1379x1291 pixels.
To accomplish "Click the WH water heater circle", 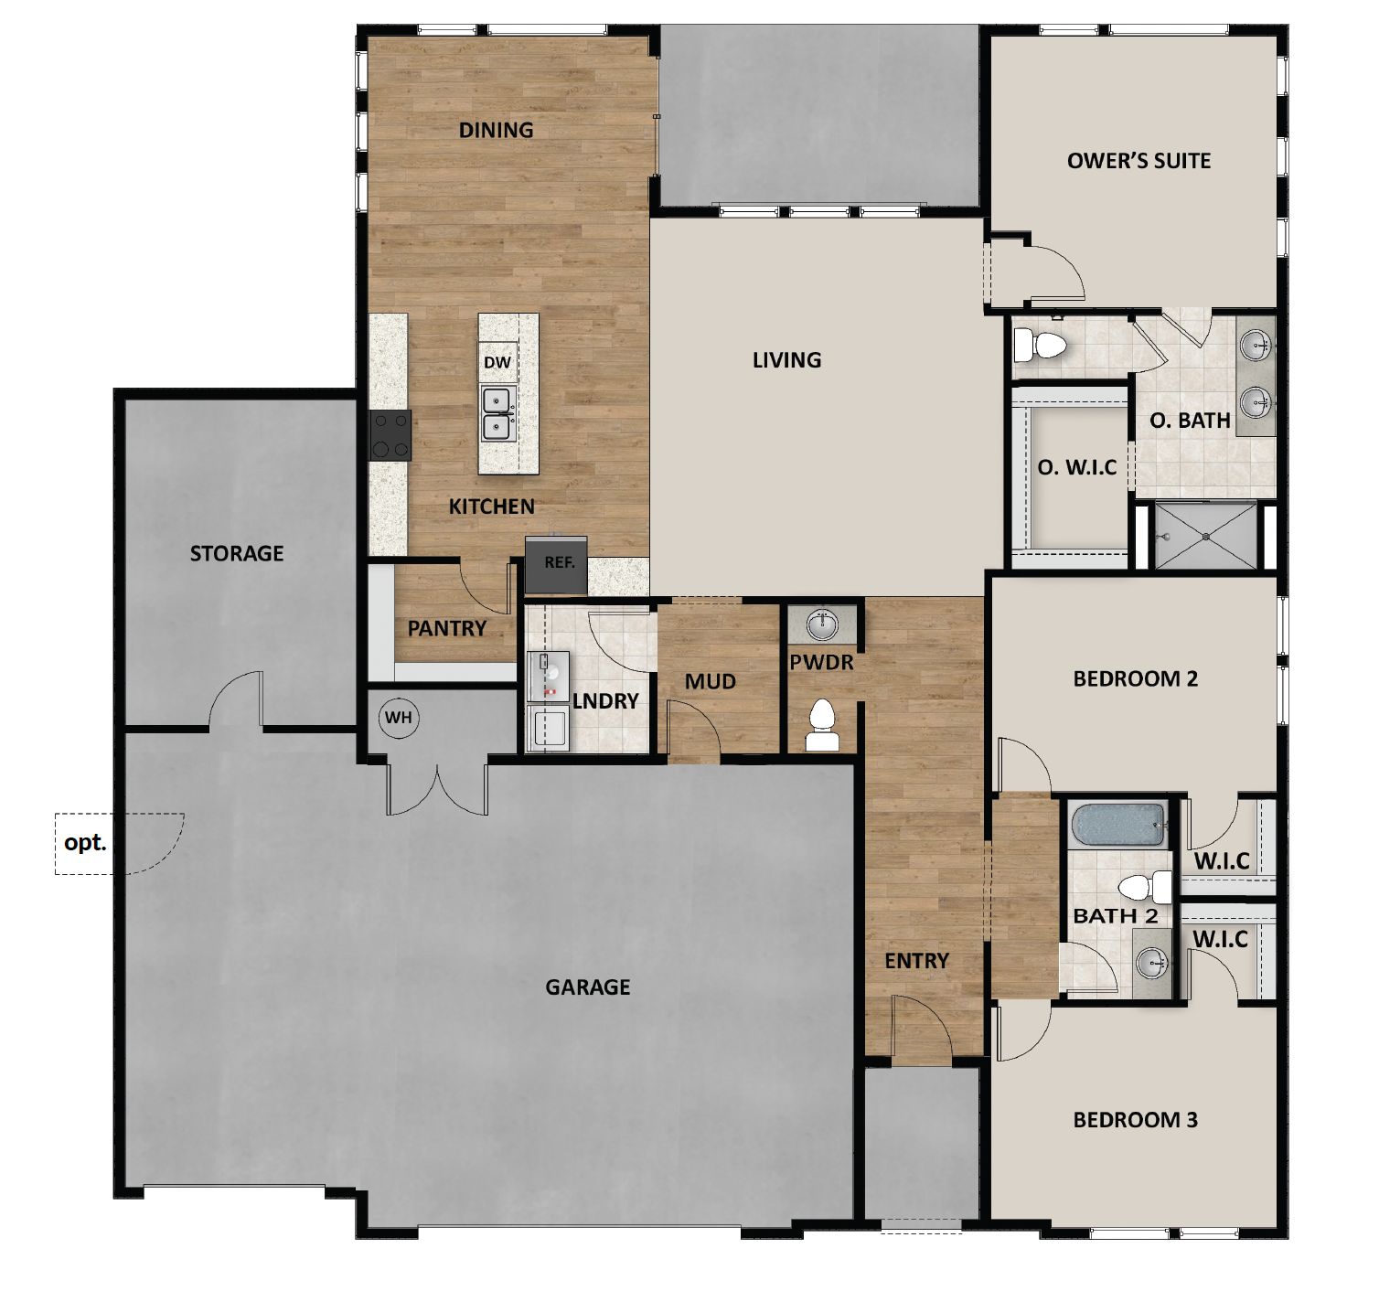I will (x=399, y=718).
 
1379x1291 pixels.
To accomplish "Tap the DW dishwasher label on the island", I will (x=497, y=363).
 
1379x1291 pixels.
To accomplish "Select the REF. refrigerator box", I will (x=558, y=562).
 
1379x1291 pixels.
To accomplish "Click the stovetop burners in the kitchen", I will (x=390, y=434).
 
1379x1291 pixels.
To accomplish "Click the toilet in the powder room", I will (x=823, y=727).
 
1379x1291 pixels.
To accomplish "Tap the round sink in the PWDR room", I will (x=823, y=625).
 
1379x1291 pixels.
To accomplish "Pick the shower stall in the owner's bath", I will (x=1205, y=535).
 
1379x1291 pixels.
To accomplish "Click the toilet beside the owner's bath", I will (x=1042, y=346).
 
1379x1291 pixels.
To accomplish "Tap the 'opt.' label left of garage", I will (x=85, y=842).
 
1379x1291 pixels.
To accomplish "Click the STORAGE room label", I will (x=237, y=553).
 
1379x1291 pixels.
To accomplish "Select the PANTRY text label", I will (x=447, y=628).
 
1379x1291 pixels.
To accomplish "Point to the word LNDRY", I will (x=605, y=701).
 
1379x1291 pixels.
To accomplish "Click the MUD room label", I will (x=711, y=681).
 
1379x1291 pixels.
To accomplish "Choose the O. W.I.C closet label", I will (x=1077, y=467).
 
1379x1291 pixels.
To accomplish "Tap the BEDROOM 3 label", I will (x=1135, y=1120).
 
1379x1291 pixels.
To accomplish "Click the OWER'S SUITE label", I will (x=1138, y=161).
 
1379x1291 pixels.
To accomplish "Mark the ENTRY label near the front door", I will (x=916, y=961).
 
